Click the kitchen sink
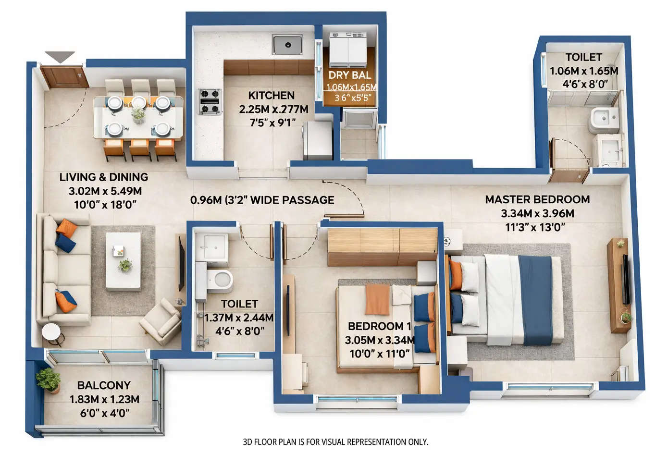(287, 45)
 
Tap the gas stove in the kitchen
(210, 102)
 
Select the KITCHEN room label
(272, 95)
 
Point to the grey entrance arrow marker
(60, 57)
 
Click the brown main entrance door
(63, 77)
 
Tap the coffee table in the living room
(123, 261)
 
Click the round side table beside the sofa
(51, 332)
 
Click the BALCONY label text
(104, 385)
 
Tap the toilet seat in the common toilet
(222, 279)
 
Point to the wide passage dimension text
(262, 200)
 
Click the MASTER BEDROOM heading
(537, 199)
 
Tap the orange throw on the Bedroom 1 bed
(377, 299)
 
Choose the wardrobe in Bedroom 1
(382, 247)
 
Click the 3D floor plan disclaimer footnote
(335, 442)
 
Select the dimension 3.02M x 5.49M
(105, 191)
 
